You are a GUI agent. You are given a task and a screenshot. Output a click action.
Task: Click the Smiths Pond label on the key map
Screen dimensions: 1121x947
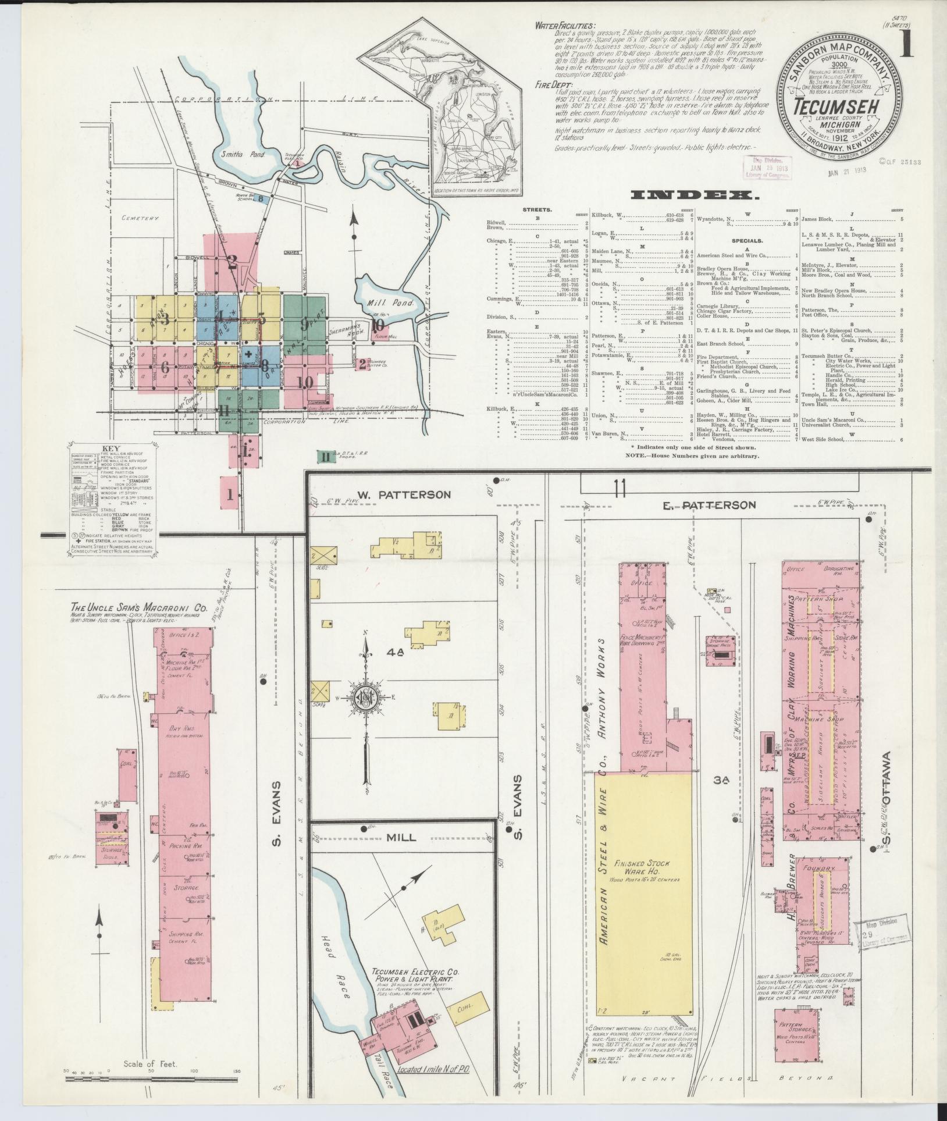[247, 155]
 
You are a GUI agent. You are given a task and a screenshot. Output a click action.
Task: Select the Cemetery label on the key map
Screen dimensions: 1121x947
[140, 218]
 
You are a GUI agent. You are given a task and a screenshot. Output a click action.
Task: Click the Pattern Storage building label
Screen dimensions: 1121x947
[803, 1028]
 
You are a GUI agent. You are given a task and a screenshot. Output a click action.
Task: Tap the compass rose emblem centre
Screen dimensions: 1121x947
[365, 699]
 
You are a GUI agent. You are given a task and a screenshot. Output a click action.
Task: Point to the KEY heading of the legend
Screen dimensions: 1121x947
[111, 449]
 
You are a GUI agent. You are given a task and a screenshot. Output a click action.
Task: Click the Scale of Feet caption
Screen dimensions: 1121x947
[149, 1064]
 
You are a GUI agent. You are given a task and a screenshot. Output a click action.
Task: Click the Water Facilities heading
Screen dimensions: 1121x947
[567, 26]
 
